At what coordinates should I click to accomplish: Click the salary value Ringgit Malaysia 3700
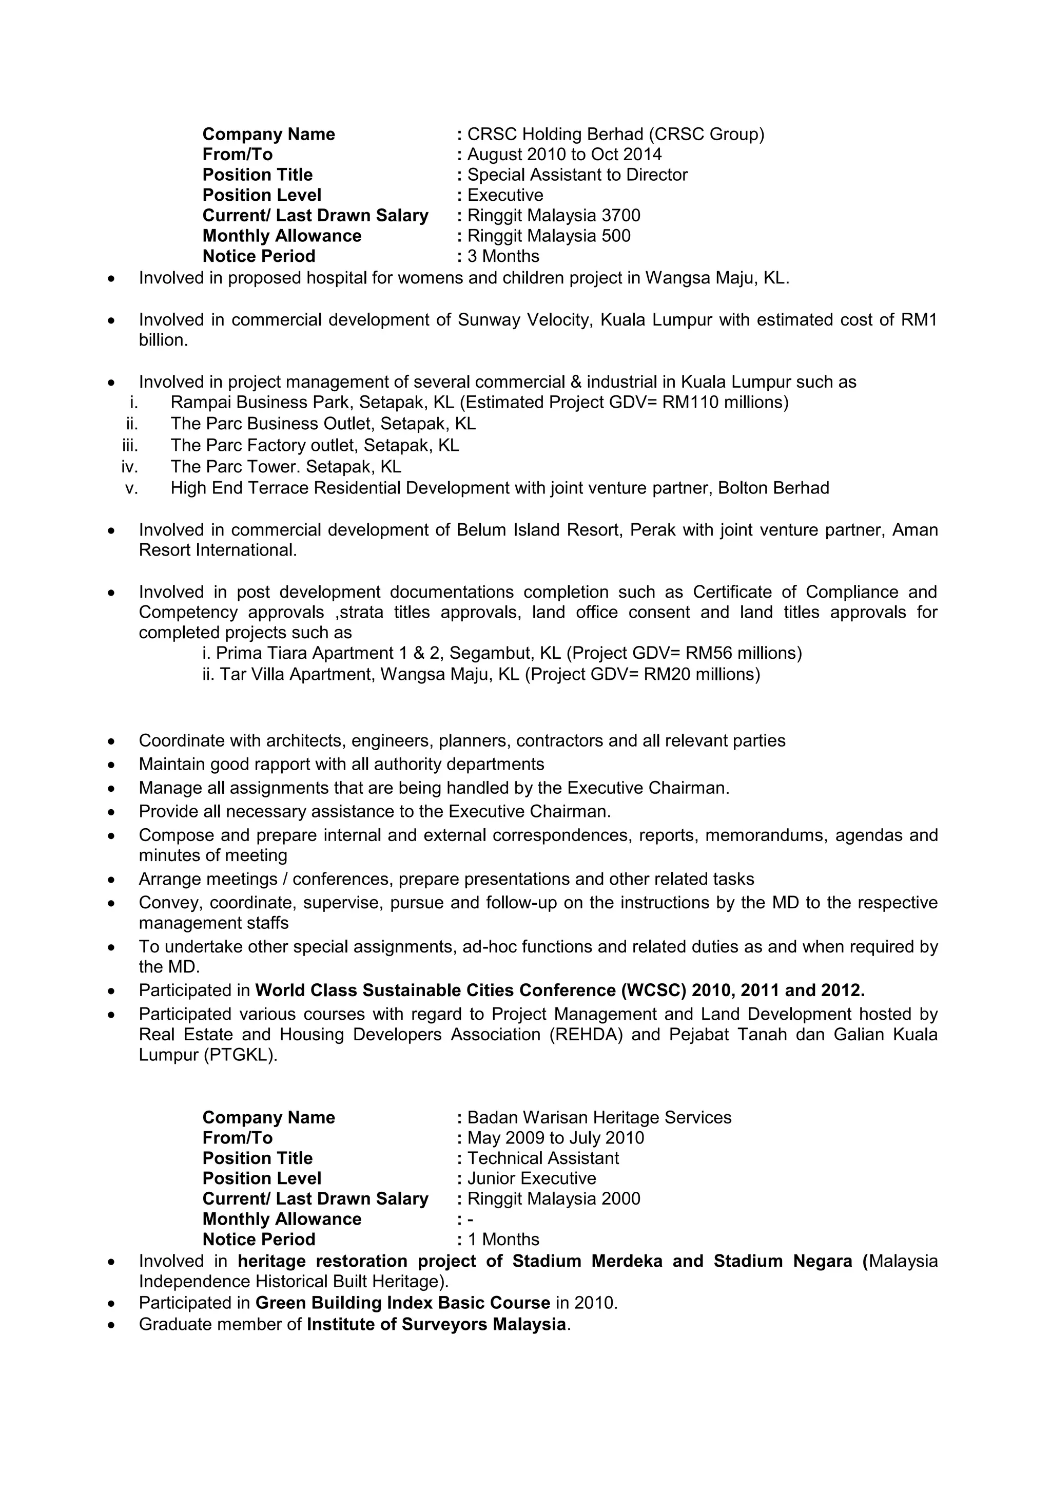553,216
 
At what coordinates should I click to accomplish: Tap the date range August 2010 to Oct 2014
565,154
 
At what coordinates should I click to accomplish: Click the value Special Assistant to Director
577,175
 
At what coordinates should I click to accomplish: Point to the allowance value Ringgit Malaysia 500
549,236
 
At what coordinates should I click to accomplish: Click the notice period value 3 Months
503,256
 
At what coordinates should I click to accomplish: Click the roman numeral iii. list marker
130,446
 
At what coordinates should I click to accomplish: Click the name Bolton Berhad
773,488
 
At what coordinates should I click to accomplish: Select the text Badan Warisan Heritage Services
599,1117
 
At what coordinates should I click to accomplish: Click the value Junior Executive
531,1178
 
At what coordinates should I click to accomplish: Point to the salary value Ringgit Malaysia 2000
553,1199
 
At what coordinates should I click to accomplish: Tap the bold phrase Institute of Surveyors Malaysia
436,1324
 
